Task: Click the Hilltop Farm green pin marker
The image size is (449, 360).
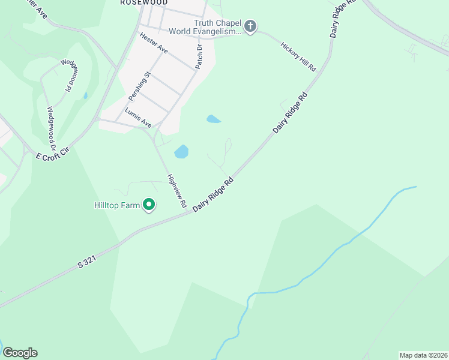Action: tap(149, 205)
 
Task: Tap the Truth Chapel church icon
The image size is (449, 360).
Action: tap(250, 26)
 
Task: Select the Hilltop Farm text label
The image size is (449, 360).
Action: tap(117, 205)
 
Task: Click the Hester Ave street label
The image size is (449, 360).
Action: tap(154, 43)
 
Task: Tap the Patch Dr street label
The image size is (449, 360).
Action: tap(199, 55)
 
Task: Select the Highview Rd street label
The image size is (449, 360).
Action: tap(177, 191)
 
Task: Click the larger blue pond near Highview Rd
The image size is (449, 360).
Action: tap(181, 151)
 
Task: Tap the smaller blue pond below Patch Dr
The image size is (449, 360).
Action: tap(213, 119)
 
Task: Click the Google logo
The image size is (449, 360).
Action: tap(20, 353)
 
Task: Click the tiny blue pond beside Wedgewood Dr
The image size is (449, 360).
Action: tap(86, 95)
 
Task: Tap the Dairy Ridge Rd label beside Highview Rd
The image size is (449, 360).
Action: tap(213, 193)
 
